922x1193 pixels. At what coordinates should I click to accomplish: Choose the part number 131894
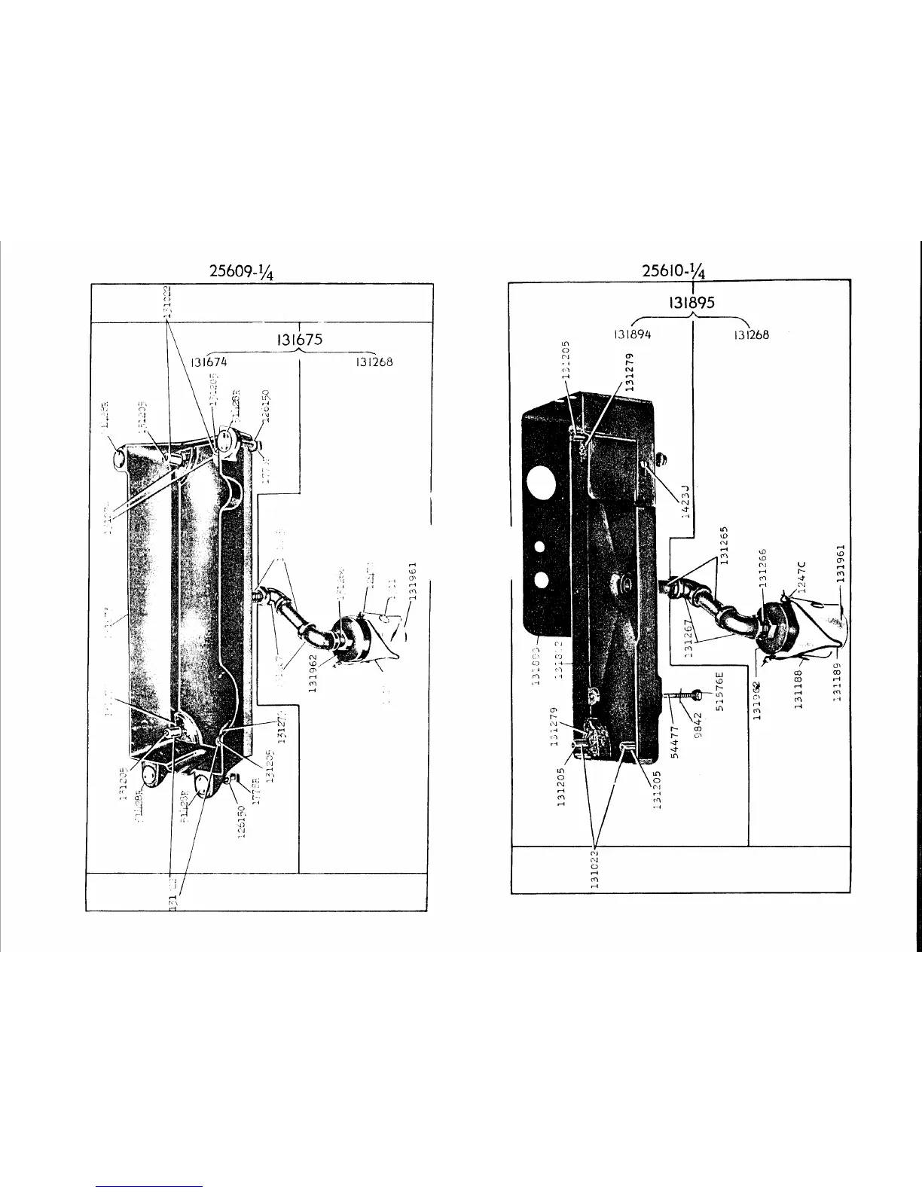(x=632, y=335)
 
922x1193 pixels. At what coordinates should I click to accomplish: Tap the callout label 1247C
(x=801, y=576)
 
